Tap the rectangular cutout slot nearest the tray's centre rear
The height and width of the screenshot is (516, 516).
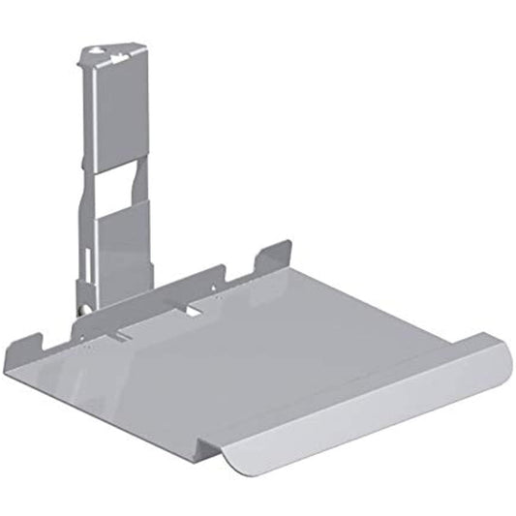click(196, 309)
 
